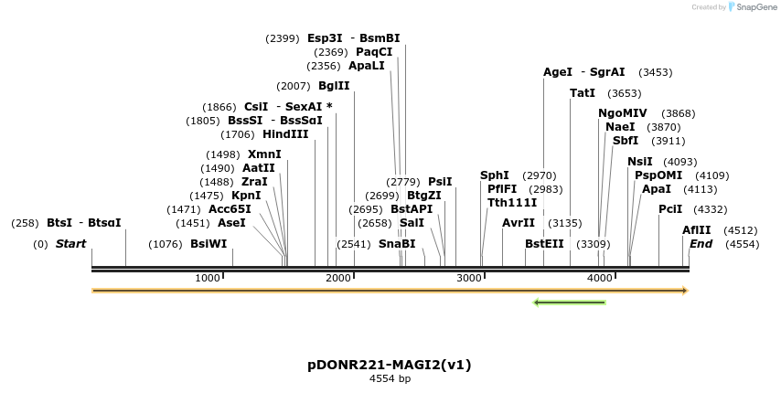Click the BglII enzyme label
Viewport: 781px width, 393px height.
tap(334, 86)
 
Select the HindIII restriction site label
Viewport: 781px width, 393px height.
tap(285, 134)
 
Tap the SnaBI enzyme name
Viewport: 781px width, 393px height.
tap(396, 244)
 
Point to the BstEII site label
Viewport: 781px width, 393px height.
tap(544, 244)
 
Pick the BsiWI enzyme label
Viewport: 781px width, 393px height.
tap(209, 244)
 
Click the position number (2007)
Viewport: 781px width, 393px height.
tap(293, 86)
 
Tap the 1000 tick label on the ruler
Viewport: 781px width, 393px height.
tap(208, 278)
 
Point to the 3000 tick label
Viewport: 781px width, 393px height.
tap(469, 278)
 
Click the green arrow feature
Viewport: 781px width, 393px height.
tap(569, 302)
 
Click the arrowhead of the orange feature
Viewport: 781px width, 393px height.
tap(683, 291)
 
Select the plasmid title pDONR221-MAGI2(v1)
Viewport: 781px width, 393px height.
tap(390, 365)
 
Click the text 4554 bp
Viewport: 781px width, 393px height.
tap(390, 378)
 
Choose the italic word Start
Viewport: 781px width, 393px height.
tap(70, 244)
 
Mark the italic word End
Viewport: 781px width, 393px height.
tap(701, 244)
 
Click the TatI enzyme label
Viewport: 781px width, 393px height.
tap(583, 93)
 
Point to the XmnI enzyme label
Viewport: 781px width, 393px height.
tap(264, 154)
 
